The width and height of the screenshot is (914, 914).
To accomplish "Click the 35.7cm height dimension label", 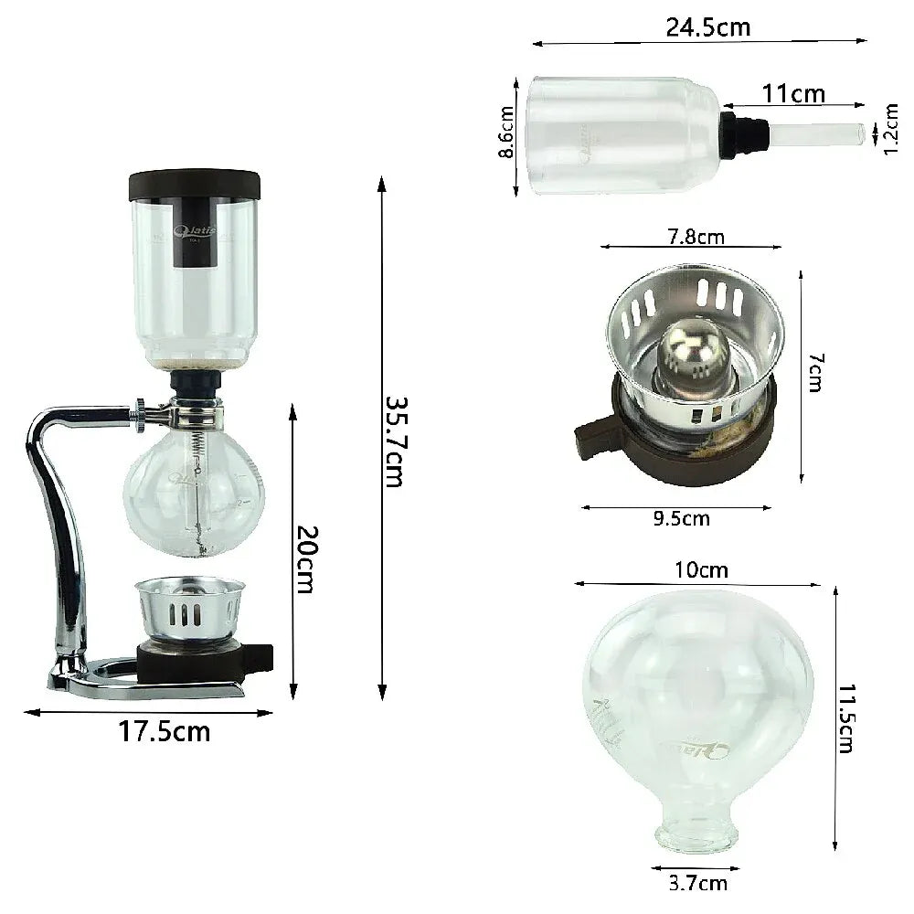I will click(393, 441).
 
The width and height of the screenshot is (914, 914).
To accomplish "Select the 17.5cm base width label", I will click(164, 732).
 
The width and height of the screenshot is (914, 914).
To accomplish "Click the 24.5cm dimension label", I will click(707, 27).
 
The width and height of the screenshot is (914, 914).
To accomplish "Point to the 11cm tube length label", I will click(793, 93).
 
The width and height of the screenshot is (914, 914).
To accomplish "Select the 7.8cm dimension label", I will click(692, 238).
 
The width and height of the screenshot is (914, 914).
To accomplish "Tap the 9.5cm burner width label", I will click(681, 519).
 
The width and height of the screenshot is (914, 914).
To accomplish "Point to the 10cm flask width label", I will click(702, 570).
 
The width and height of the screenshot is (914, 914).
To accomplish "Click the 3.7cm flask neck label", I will click(698, 882).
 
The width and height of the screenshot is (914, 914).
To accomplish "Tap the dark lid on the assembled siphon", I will click(196, 184).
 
